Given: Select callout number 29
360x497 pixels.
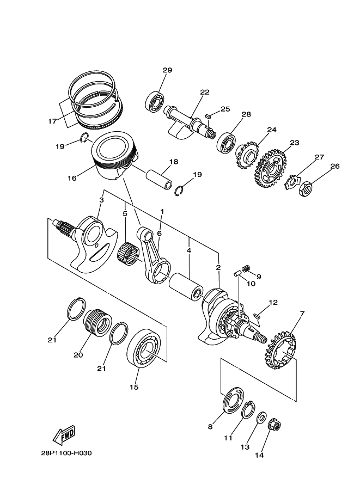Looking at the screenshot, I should click(x=167, y=70).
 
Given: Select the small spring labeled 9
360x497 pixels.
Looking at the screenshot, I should click(x=246, y=268).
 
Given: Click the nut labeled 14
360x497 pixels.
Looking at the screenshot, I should click(x=274, y=425).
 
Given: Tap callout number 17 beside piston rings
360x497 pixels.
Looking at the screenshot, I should click(x=52, y=121).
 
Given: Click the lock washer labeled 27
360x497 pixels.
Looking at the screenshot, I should click(x=292, y=181).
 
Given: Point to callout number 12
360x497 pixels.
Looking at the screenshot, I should click(x=273, y=302).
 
